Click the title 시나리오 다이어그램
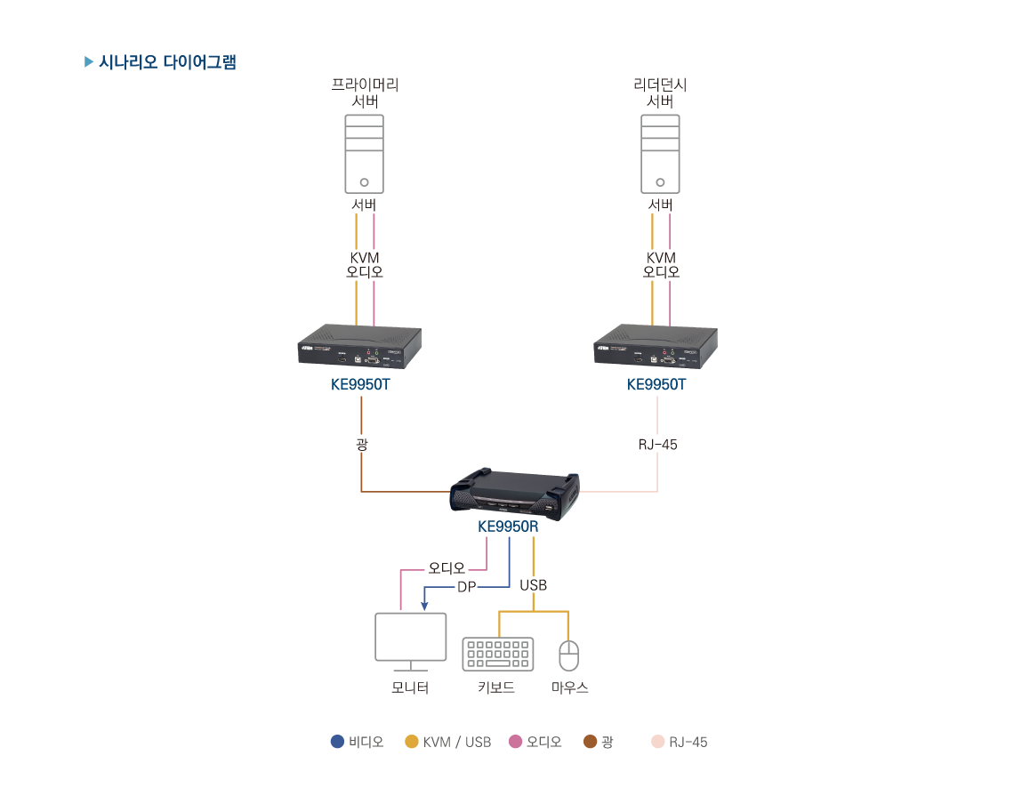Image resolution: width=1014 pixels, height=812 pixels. click(167, 62)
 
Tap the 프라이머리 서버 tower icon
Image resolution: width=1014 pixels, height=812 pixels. click(365, 154)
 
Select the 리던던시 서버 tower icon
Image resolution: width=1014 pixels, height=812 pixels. click(660, 154)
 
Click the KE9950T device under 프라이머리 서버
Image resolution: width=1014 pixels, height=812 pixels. click(359, 346)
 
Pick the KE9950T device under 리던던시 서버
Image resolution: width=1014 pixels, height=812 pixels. click(656, 346)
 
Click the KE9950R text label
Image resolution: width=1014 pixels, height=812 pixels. click(508, 527)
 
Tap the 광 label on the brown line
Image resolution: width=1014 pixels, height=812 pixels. click(361, 444)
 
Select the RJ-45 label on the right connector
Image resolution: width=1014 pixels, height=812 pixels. click(658, 444)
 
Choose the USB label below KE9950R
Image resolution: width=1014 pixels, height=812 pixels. click(533, 585)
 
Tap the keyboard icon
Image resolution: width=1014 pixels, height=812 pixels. click(498, 654)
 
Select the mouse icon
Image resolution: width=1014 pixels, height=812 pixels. click(568, 655)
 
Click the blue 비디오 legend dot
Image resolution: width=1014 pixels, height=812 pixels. click(337, 742)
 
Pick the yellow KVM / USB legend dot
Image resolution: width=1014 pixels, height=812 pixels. click(412, 742)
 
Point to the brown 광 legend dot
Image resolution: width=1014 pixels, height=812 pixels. click(590, 742)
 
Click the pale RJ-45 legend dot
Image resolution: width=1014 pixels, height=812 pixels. click(658, 742)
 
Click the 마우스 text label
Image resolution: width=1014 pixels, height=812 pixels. click(570, 688)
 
